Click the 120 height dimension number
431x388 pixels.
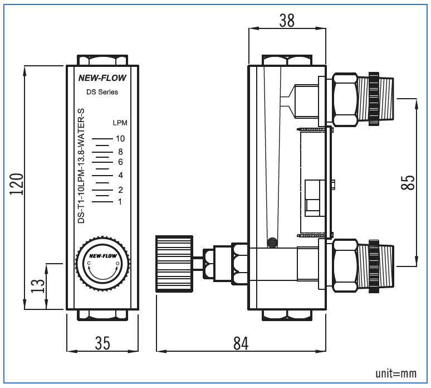point(17,184)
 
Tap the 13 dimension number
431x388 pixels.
point(38,286)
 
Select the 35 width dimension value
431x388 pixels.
point(102,343)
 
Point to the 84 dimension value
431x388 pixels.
point(241,343)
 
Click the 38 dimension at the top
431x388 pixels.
point(287,21)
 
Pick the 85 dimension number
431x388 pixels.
point(408,182)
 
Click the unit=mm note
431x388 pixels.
point(396,374)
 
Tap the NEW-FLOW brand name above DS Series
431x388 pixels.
point(102,78)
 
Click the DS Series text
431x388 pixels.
point(102,92)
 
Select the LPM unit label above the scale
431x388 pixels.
point(120,123)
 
